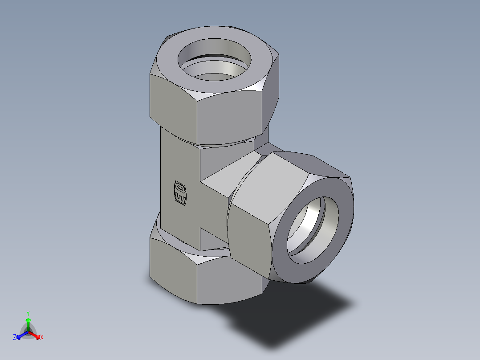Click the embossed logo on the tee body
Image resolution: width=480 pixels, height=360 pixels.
pyautogui.click(x=179, y=194)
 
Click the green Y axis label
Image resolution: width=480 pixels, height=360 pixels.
pyautogui.click(x=28, y=313)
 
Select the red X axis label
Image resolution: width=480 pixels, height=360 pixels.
pyautogui.click(x=41, y=338)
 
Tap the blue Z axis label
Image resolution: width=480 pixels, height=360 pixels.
pyautogui.click(x=15, y=338)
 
